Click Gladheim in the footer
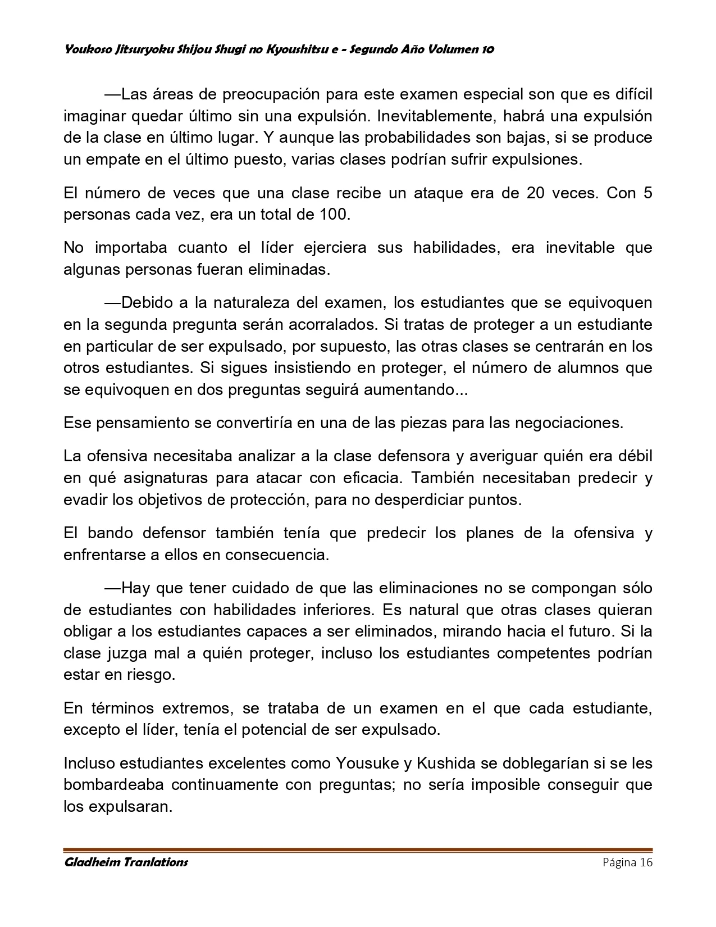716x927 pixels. (92, 862)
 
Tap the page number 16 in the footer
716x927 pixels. (645, 862)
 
